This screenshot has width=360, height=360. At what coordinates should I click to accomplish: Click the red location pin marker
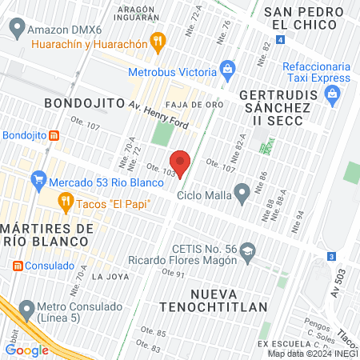pyautogui.click(x=180, y=162)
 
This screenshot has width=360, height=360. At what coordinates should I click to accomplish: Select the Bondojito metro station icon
pyautogui.click(x=54, y=134)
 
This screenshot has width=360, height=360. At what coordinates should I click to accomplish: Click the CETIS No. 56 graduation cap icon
pyautogui.click(x=248, y=254)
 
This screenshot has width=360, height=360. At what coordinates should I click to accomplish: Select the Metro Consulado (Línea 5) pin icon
pyautogui.click(x=27, y=308)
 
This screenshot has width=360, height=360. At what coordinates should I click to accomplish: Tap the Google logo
pyautogui.click(x=27, y=349)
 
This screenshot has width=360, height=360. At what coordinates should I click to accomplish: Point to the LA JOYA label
pyautogui.click(x=110, y=277)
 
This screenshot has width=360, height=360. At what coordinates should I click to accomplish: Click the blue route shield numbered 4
pyautogui.click(x=279, y=39)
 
